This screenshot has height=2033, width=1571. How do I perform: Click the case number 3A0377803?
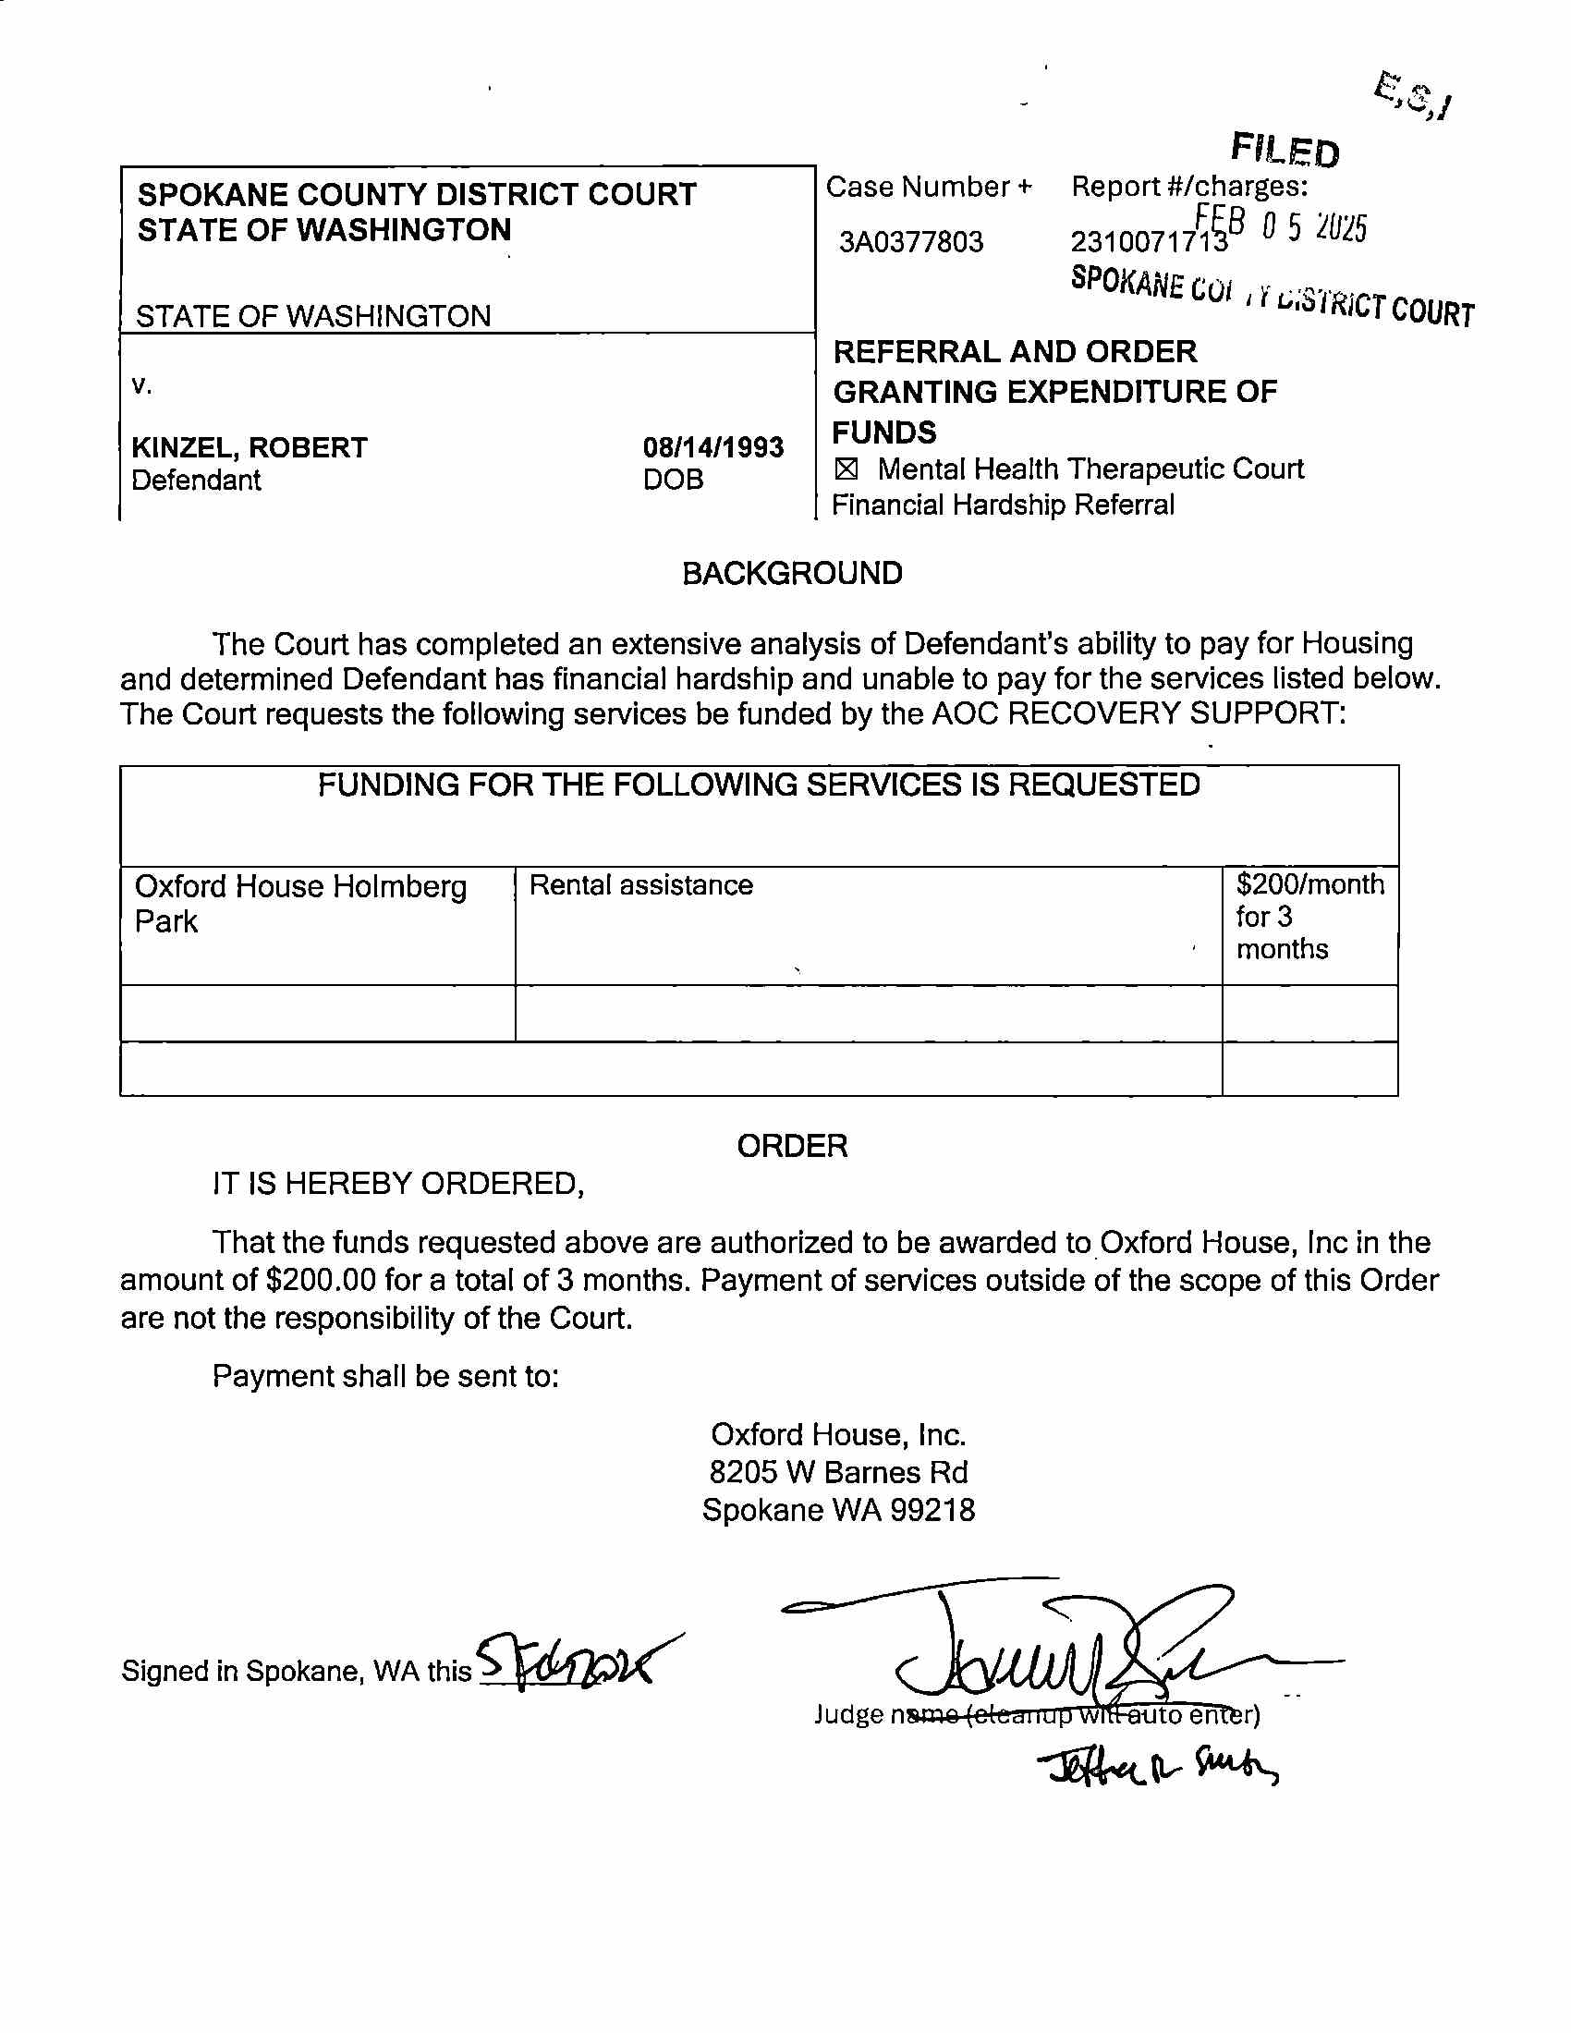coord(910,242)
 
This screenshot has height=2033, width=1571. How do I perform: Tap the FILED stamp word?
coord(1285,150)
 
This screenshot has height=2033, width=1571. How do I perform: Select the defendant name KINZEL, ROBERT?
coord(250,448)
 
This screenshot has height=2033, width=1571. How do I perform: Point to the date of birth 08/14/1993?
coord(712,448)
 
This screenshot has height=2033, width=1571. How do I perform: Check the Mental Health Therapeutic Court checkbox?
coord(845,470)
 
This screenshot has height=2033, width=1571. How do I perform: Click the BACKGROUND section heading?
coord(792,574)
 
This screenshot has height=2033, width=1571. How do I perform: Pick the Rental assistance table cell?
coord(641,884)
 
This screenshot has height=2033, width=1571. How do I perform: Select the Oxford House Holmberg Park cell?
coord(299,903)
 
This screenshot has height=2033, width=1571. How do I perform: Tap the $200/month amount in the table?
coord(1309,884)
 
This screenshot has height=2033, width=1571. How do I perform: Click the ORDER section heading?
coord(792,1146)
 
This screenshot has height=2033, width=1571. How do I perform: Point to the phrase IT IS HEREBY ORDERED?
coord(398,1184)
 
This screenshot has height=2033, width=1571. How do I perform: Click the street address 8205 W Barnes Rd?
coord(838,1472)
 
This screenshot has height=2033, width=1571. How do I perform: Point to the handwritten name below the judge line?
coord(1159,1765)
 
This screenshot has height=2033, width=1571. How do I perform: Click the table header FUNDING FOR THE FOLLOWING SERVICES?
coord(759,785)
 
